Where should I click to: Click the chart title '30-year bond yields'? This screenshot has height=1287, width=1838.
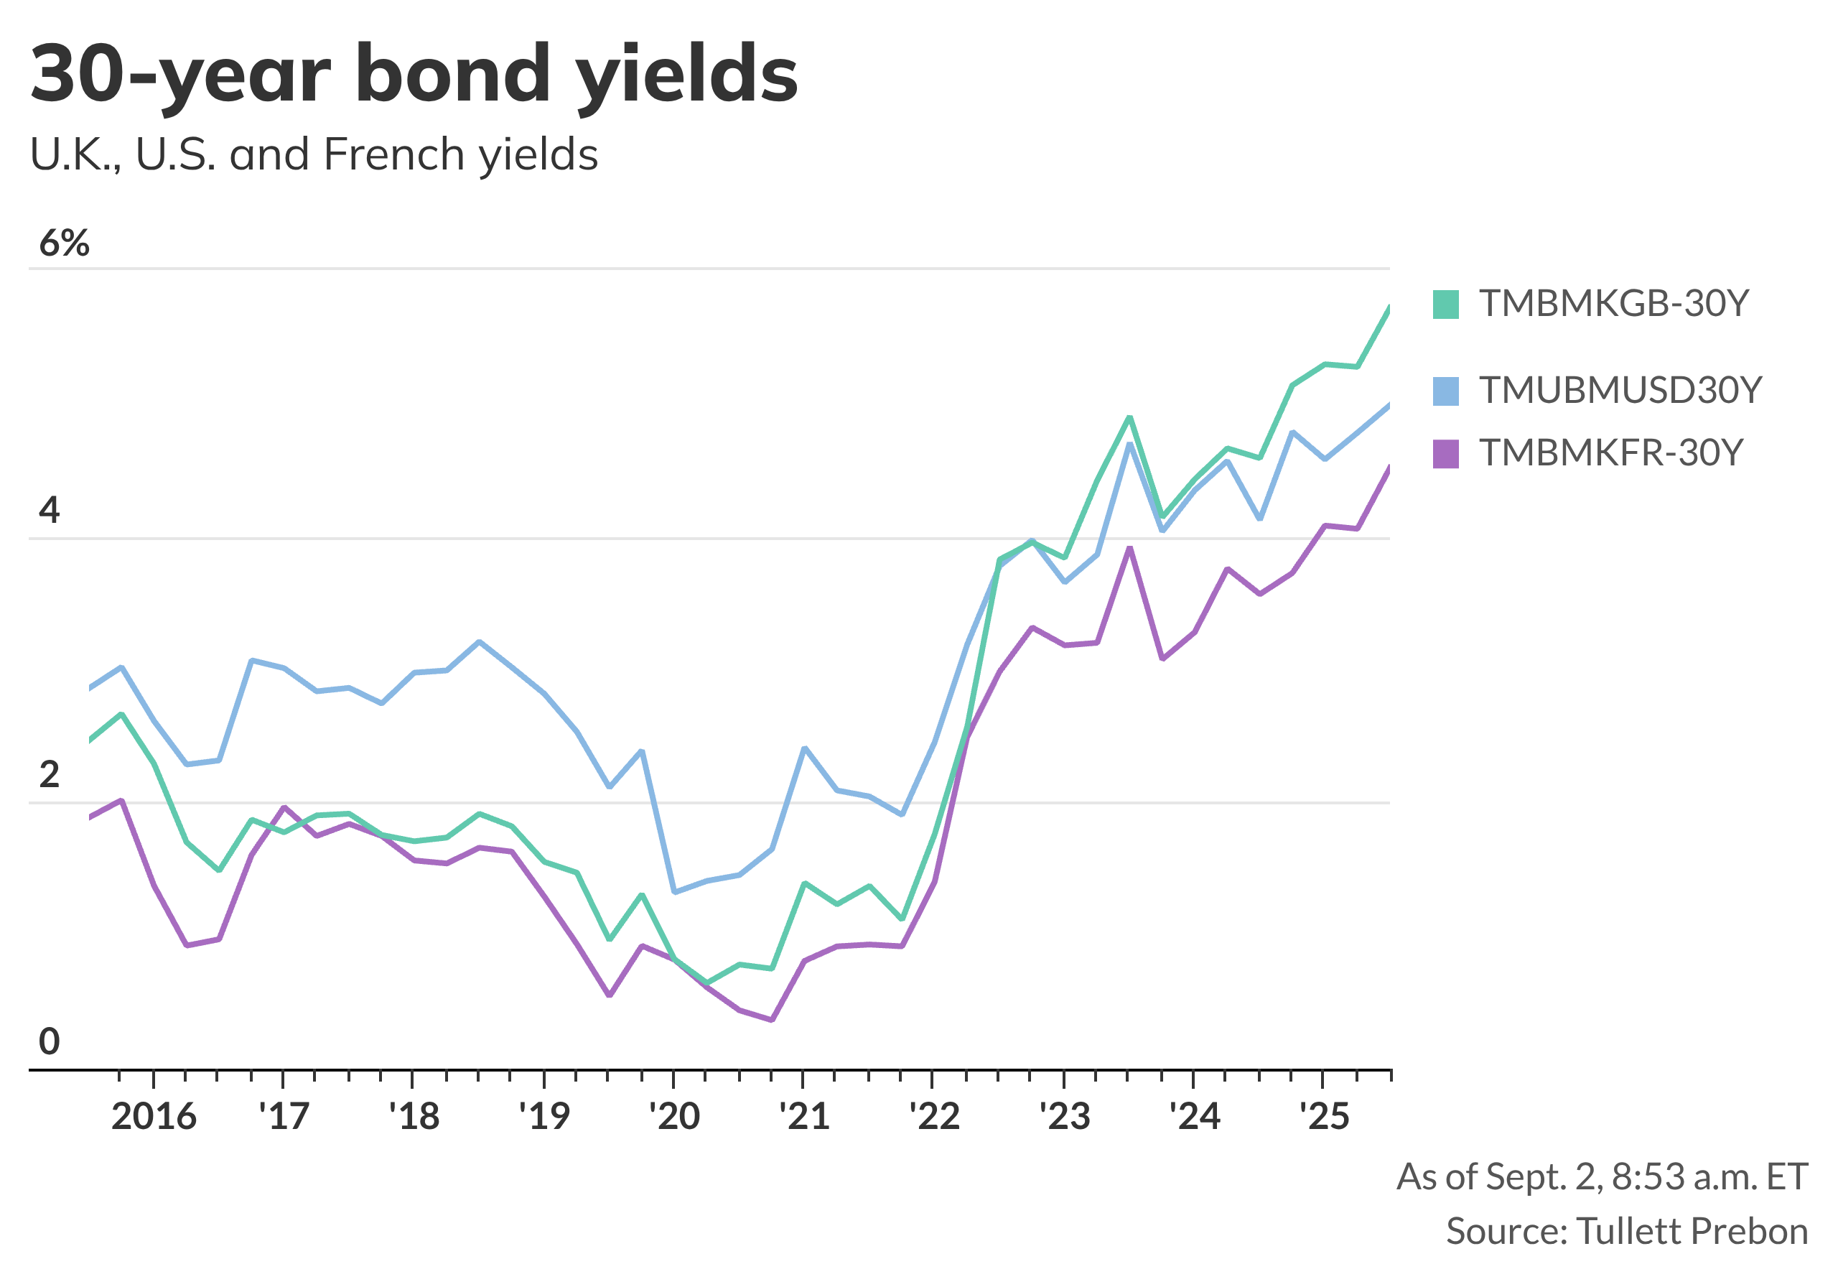[x=414, y=75]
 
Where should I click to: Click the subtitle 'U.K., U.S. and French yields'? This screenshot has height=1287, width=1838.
[x=314, y=154]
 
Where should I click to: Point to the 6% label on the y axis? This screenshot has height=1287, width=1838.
[x=64, y=243]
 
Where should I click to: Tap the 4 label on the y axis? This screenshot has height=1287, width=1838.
[x=50, y=510]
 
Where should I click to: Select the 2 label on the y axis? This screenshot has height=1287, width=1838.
[x=50, y=774]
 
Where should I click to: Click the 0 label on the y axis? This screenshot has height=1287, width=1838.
[x=50, y=1041]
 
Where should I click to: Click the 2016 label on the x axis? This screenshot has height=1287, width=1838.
[x=154, y=1116]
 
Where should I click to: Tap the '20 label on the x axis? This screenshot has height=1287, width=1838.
[x=674, y=1116]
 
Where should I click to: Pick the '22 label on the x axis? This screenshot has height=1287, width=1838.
[x=934, y=1116]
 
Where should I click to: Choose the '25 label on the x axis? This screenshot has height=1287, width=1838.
[x=1324, y=1116]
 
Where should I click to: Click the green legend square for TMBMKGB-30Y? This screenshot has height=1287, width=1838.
[x=1446, y=305]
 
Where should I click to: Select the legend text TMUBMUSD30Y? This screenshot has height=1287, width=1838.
[x=1620, y=391]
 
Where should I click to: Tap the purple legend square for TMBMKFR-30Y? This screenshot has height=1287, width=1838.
[x=1446, y=453]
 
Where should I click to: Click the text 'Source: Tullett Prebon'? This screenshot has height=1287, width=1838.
[x=1627, y=1231]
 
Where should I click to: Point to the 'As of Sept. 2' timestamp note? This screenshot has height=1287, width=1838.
[x=1602, y=1176]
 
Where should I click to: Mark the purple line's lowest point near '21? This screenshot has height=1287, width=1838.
[x=772, y=1021]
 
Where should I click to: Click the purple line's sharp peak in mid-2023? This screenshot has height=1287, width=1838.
[x=1129, y=548]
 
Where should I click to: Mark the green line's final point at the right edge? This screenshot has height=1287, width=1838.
[x=1389, y=307]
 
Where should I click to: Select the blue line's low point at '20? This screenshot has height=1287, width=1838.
[x=675, y=891]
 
